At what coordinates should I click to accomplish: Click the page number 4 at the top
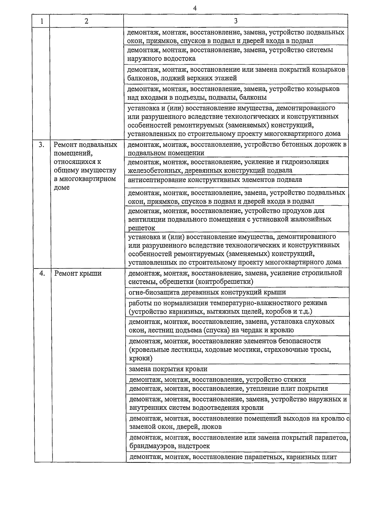(195, 8)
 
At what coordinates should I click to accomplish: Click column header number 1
(42, 21)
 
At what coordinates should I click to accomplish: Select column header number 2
(86, 21)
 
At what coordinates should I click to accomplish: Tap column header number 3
(236, 21)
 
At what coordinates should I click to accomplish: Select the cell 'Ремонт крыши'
(78, 273)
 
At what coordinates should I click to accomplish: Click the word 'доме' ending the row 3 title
(62, 187)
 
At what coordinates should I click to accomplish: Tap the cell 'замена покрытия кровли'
(168, 369)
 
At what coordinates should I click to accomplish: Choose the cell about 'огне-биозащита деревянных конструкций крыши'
(207, 292)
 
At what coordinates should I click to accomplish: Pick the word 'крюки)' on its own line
(140, 358)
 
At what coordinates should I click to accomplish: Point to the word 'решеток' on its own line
(141, 228)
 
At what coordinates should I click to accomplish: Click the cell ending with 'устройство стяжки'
(217, 380)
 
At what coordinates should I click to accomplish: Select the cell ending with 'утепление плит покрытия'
(228, 389)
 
